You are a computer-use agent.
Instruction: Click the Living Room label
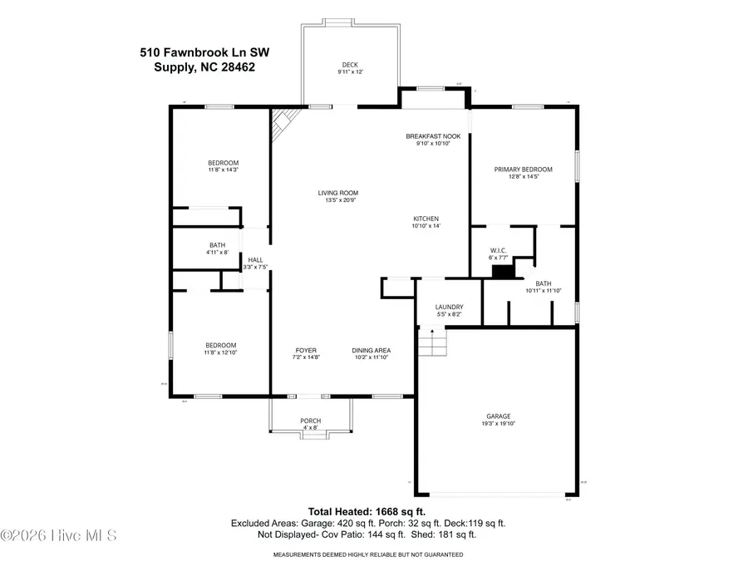pyautogui.click(x=337, y=193)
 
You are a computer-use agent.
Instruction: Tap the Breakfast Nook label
pyautogui.click(x=433, y=136)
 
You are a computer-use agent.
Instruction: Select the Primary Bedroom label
pyautogui.click(x=523, y=170)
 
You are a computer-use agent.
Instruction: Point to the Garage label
pyautogui.click(x=499, y=416)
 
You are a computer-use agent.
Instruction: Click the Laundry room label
pyautogui.click(x=449, y=308)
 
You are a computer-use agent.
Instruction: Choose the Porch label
pyautogui.click(x=310, y=421)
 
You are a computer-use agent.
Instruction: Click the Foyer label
pyautogui.click(x=308, y=350)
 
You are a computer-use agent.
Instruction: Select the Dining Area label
pyautogui.click(x=371, y=350)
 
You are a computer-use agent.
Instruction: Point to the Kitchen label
pyautogui.click(x=426, y=219)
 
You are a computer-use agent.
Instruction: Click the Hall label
pyautogui.click(x=255, y=260)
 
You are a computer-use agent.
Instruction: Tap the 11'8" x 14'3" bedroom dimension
pyautogui.click(x=223, y=170)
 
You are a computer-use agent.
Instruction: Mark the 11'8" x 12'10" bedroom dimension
pyautogui.click(x=221, y=352)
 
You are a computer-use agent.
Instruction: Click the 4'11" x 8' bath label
pyautogui.click(x=217, y=252)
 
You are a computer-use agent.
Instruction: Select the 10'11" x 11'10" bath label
pyautogui.click(x=544, y=291)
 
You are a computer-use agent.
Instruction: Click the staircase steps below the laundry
pyautogui.click(x=431, y=342)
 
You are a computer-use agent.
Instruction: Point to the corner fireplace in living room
pyautogui.click(x=283, y=124)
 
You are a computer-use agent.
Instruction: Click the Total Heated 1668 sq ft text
pyautogui.click(x=367, y=511)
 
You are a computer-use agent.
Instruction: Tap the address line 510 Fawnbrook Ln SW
pyautogui.click(x=204, y=52)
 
